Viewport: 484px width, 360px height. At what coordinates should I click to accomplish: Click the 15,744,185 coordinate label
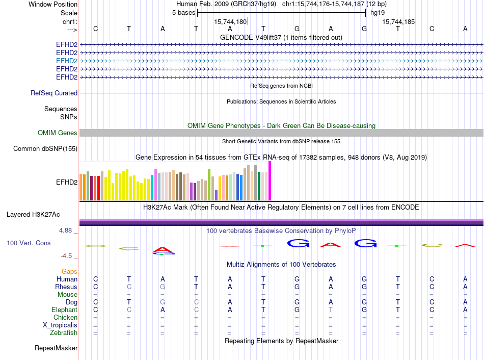click(x=398, y=21)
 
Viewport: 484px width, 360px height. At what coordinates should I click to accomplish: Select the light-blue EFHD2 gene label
click(x=67, y=61)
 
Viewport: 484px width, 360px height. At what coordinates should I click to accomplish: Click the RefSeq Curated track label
click(x=54, y=93)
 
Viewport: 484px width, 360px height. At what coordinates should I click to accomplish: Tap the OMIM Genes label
click(x=58, y=133)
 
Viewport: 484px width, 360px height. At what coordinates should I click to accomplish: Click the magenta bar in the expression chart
click(x=270, y=181)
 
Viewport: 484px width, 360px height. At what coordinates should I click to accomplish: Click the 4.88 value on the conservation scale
click(x=67, y=230)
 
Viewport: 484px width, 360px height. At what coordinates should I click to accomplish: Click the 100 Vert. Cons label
click(x=29, y=243)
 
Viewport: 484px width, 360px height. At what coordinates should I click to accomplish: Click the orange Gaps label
click(x=69, y=272)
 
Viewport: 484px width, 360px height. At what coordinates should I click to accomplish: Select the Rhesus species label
click(x=66, y=287)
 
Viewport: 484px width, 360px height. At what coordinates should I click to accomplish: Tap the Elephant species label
click(x=64, y=310)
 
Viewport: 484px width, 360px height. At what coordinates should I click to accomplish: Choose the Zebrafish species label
click(x=64, y=333)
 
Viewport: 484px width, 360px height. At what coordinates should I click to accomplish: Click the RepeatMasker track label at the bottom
click(x=56, y=348)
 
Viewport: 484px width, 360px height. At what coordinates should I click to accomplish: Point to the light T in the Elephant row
click(x=331, y=310)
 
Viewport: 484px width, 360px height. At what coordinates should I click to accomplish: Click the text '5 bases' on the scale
click(x=183, y=12)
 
